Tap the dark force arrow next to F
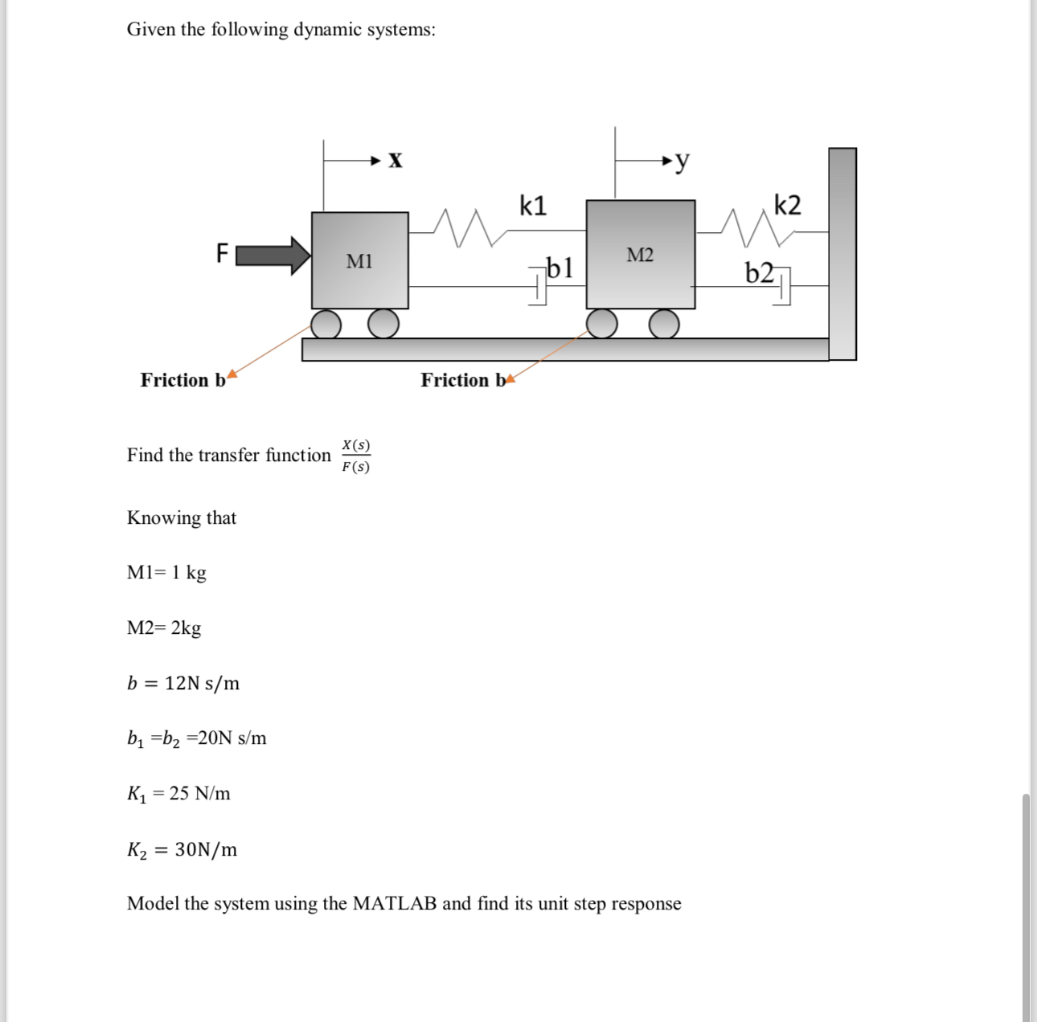pyautogui.click(x=273, y=255)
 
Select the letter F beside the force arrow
pyautogui.click(x=223, y=254)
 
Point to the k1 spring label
pyautogui.click(x=533, y=206)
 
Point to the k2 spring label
pyautogui.click(x=787, y=205)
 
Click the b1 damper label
pyautogui.click(x=559, y=267)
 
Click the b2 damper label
pyautogui.click(x=760, y=273)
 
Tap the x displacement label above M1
pyautogui.click(x=395, y=160)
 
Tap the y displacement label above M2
pyautogui.click(x=682, y=161)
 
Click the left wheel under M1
pyautogui.click(x=326, y=324)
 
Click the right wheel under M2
pyautogui.click(x=664, y=324)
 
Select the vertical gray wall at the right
pyautogui.click(x=842, y=253)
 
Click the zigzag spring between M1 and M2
pyautogui.click(x=462, y=227)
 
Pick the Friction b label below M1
pyautogui.click(x=183, y=380)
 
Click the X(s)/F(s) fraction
pyautogui.click(x=355, y=456)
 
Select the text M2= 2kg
pyautogui.click(x=164, y=628)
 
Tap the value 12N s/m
pyautogui.click(x=202, y=683)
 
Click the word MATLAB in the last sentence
pyautogui.click(x=395, y=903)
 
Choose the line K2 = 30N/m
pyautogui.click(x=182, y=849)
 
